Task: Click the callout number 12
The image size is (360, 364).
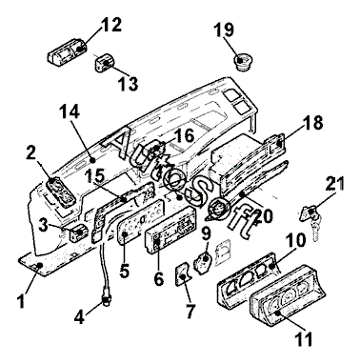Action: pyautogui.click(x=111, y=25)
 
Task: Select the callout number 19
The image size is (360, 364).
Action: pyautogui.click(x=224, y=30)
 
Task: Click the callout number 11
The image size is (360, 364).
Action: pyautogui.click(x=303, y=339)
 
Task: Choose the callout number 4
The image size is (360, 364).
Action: pyautogui.click(x=80, y=317)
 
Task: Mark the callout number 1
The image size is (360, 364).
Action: pyautogui.click(x=21, y=300)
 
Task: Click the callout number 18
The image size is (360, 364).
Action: pyautogui.click(x=312, y=123)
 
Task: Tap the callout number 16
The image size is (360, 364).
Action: pyautogui.click(x=184, y=135)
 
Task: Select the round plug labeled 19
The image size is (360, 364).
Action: pyautogui.click(x=242, y=62)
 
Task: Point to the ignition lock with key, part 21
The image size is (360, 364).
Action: pyautogui.click(x=311, y=222)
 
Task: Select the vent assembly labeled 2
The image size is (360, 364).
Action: pyautogui.click(x=61, y=192)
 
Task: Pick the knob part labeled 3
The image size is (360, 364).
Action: pyautogui.click(x=77, y=233)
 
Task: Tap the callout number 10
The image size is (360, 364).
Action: pyautogui.click(x=295, y=240)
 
